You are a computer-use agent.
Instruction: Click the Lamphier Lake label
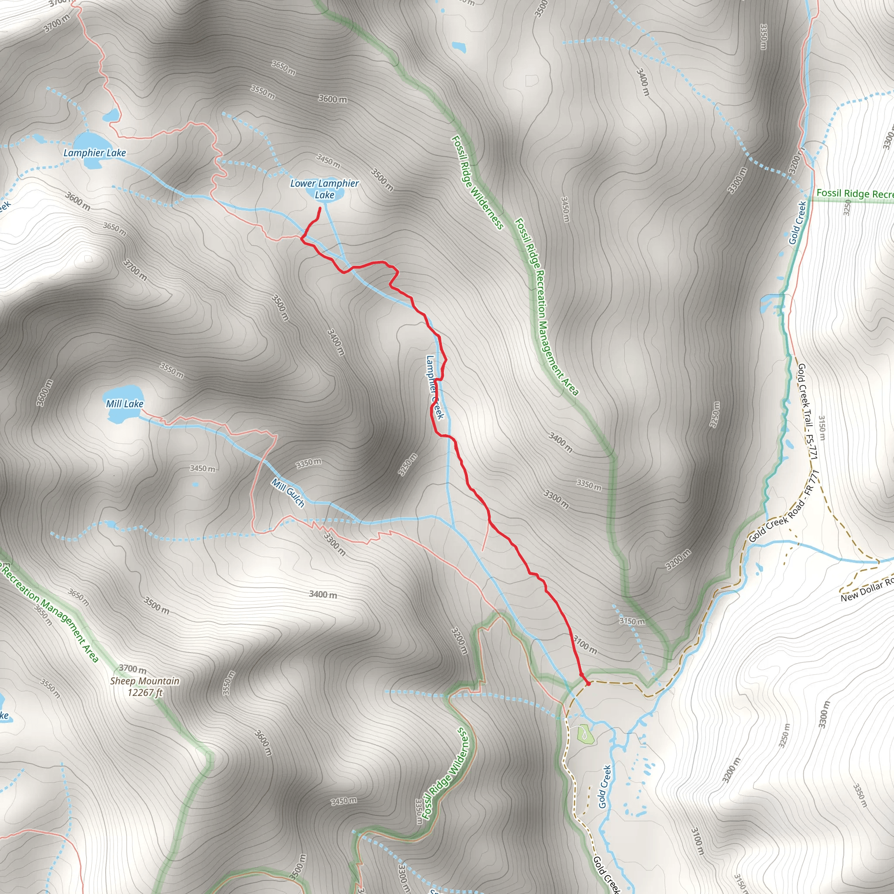[94, 153]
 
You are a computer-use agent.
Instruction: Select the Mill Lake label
[124, 404]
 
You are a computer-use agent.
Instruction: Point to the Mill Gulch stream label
[288, 493]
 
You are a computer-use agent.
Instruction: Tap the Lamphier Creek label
[435, 387]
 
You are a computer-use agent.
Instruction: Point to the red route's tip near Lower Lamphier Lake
[320, 209]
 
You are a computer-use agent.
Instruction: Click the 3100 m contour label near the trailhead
[585, 645]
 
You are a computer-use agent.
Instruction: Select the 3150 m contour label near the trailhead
[632, 621]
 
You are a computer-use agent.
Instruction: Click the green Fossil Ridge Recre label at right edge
[854, 193]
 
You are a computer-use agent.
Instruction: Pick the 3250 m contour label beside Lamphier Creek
[408, 464]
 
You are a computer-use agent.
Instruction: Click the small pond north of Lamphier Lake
[111, 115]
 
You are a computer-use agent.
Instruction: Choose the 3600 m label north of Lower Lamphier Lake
[332, 99]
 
